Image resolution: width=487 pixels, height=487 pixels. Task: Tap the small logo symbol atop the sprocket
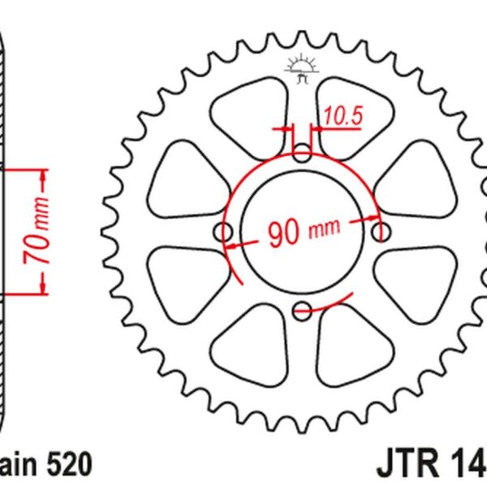[301, 71]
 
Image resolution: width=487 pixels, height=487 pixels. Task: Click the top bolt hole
[302, 153]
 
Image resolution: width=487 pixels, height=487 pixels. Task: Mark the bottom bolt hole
[302, 309]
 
